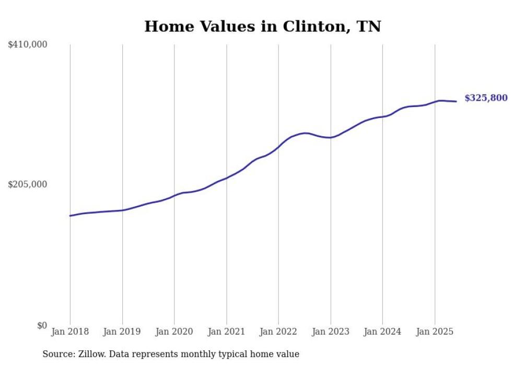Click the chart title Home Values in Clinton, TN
[262, 26]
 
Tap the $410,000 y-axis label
[28, 45]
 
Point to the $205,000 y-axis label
[28, 184]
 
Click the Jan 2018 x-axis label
[70, 332]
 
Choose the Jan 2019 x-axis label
[122, 332]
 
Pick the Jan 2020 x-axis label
[174, 332]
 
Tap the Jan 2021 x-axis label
[226, 332]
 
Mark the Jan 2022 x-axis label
[278, 332]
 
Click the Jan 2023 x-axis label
[330, 332]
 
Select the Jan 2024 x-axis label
[382, 332]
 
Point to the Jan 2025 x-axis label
[435, 332]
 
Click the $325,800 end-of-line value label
[485, 98]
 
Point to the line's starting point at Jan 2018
[70, 216]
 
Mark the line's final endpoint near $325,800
[457, 101]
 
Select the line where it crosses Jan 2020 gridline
[174, 195]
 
